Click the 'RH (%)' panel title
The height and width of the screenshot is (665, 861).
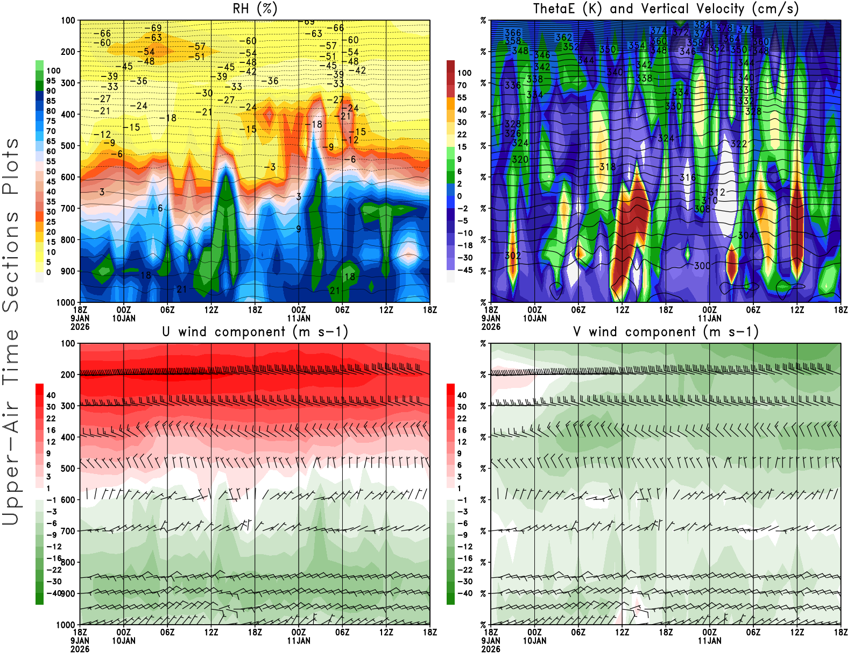point(255,9)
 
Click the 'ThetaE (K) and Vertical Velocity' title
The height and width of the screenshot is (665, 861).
point(666,9)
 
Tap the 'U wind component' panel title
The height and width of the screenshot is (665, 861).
point(255,332)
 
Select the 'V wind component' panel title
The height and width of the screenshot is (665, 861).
point(666,332)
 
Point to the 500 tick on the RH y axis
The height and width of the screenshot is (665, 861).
point(68,146)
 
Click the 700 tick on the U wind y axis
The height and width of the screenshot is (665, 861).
point(68,531)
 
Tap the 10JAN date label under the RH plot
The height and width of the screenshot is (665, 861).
point(124,319)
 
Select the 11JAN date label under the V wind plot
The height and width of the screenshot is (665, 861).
point(709,641)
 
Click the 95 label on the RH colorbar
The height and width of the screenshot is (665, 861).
point(51,81)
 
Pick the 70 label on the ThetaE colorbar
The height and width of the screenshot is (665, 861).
point(462,85)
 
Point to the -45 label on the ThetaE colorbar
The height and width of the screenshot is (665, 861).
point(464,270)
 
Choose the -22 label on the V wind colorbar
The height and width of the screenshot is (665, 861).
point(464,570)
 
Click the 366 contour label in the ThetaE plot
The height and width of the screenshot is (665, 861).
point(513,33)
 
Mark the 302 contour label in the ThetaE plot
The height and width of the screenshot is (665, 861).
point(513,256)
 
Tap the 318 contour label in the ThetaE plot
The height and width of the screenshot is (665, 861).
point(608,167)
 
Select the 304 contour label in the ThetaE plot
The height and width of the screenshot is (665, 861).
point(746,236)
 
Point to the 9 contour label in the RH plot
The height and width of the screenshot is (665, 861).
point(299,229)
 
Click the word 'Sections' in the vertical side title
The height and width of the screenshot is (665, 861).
point(11,261)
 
